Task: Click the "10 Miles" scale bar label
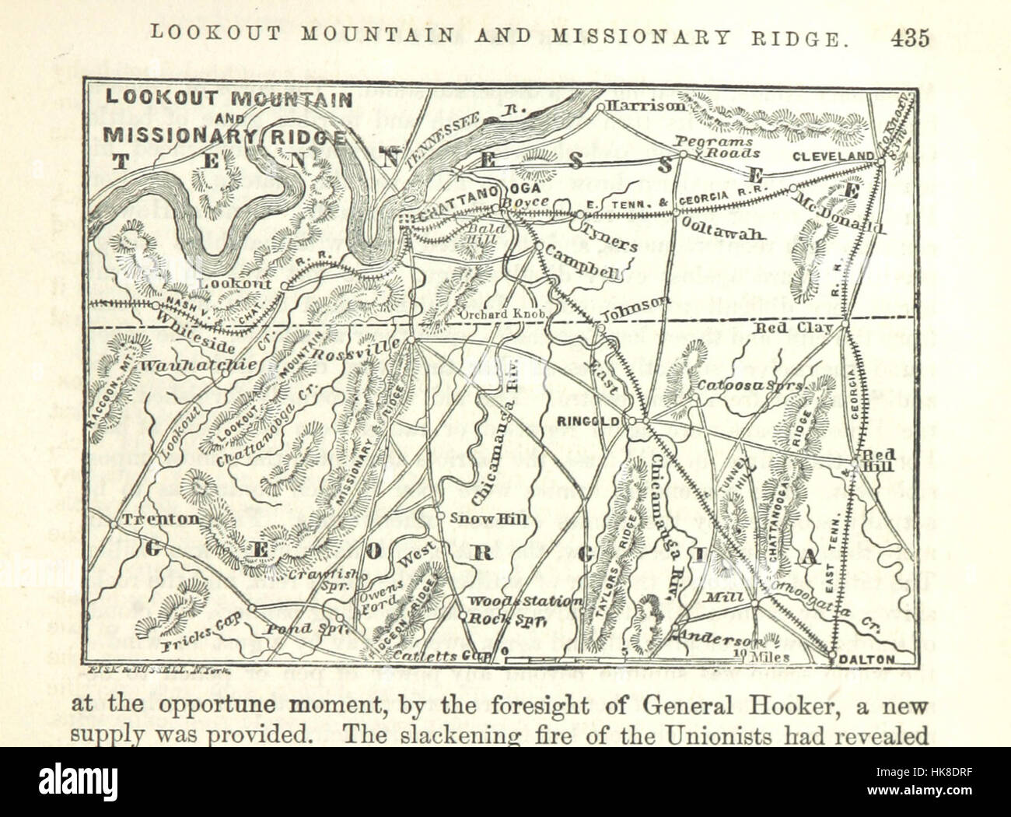pos(766,657)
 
